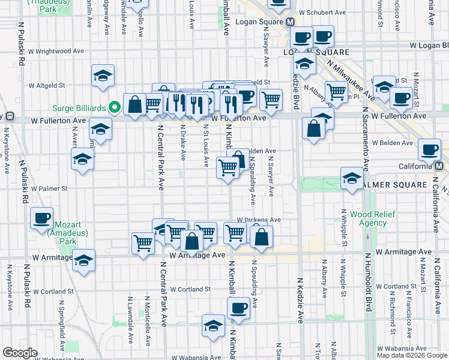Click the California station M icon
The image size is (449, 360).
tap(439, 166)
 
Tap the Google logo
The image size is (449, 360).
tap(20, 353)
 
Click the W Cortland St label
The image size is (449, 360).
tap(190, 289)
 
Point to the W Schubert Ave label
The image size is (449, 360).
tap(322, 12)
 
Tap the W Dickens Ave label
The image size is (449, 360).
tap(259, 220)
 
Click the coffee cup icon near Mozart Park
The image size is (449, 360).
tap(41, 218)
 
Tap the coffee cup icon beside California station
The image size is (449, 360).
tap(429, 150)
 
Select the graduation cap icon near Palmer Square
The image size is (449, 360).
tap(352, 178)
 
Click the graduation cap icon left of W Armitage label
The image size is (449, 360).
tap(85, 260)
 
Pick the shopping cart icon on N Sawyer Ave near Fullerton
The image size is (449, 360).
tap(271, 100)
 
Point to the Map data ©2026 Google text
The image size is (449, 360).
tap(412, 355)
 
